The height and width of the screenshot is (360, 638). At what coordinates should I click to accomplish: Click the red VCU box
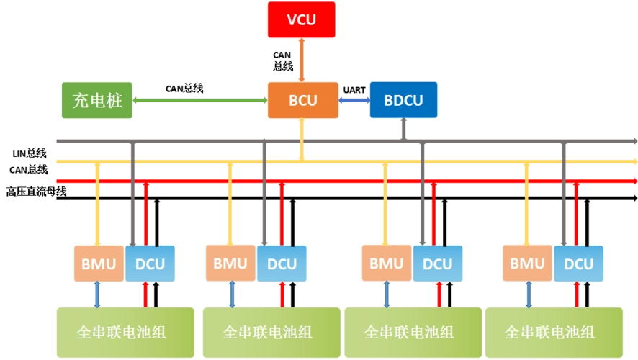click(x=301, y=19)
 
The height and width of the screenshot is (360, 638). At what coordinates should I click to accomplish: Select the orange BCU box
click(x=302, y=100)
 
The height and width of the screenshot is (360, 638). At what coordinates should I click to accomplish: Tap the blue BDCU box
click(x=403, y=100)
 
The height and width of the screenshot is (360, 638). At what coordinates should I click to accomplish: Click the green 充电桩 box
click(x=97, y=102)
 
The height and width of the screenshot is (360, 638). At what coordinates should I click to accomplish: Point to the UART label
click(x=354, y=89)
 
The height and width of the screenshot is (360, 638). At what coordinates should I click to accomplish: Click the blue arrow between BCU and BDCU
click(x=354, y=101)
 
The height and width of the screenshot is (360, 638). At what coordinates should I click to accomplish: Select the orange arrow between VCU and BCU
click(x=302, y=60)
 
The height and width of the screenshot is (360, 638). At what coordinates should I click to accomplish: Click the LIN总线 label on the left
click(x=30, y=153)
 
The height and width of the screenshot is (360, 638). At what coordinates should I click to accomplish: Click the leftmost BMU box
click(x=99, y=264)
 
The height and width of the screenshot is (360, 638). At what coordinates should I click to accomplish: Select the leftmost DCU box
click(x=150, y=264)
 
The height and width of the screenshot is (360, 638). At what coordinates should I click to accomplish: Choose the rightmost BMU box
click(x=527, y=264)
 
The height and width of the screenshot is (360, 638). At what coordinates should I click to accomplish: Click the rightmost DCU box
click(x=578, y=264)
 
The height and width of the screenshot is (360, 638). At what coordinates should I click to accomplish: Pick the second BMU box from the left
click(x=230, y=264)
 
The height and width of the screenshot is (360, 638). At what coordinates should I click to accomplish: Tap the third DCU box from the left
click(x=437, y=264)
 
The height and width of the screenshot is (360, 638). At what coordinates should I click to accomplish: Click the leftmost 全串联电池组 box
click(x=125, y=332)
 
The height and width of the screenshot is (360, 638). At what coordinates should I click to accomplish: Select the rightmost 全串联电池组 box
click(x=553, y=332)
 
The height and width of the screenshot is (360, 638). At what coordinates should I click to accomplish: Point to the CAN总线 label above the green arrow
click(x=184, y=89)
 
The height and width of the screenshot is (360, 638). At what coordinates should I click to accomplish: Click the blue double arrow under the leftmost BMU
click(x=98, y=294)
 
